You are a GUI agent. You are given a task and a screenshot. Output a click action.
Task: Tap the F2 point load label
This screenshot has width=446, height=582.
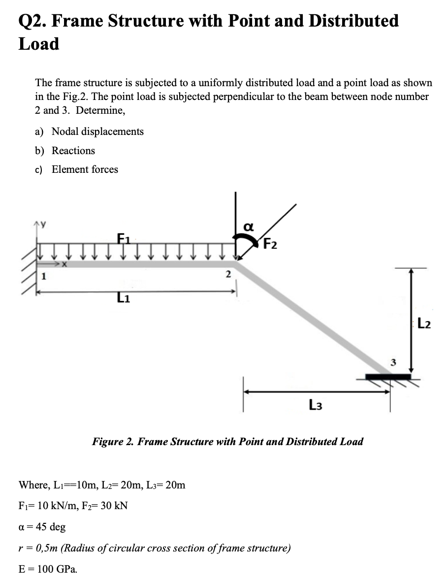[x=270, y=244]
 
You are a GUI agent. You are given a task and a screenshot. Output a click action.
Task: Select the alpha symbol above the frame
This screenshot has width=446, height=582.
[x=249, y=226]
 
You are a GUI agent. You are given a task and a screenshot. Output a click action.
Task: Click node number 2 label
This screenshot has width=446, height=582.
[x=227, y=274]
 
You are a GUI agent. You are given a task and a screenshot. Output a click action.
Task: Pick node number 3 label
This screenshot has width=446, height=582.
[x=392, y=363]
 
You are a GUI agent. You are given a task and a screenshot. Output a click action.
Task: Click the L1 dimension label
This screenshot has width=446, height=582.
[x=123, y=298]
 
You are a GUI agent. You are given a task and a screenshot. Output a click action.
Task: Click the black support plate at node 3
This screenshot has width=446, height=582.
[x=388, y=377]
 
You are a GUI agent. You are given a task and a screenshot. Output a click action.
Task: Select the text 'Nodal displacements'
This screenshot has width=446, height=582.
[x=97, y=131]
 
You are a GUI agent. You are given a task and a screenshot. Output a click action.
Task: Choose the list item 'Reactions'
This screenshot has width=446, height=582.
[x=73, y=151]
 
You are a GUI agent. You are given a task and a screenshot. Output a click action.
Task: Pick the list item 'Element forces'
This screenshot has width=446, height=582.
[x=85, y=169]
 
